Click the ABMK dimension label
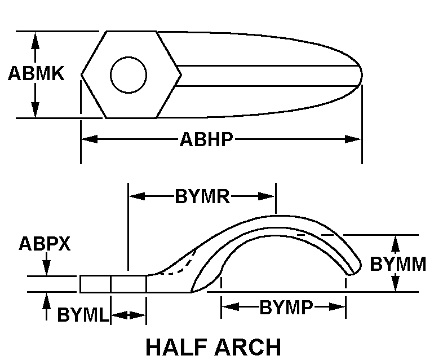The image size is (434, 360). pos(36,73)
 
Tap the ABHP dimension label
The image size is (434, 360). pos(206,139)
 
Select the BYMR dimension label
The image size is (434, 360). pos(202,196)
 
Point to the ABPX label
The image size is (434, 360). pos(45,244)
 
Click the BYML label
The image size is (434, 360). pos(83,314)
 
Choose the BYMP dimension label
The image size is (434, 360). pos(286,307)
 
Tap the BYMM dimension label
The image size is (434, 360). pos(398,264)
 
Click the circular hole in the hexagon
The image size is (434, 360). pos(129,75)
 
